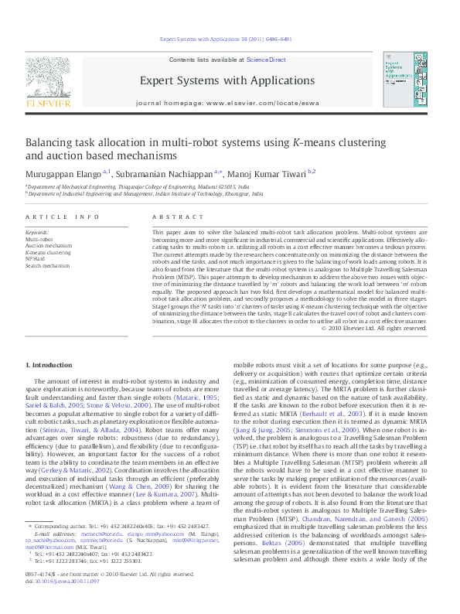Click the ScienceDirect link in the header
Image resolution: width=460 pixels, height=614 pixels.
tap(267, 60)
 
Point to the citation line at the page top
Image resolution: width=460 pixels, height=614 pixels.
tap(230, 38)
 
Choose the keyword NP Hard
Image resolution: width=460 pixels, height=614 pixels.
tap(36, 259)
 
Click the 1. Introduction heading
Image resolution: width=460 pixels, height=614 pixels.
tap(50, 364)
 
